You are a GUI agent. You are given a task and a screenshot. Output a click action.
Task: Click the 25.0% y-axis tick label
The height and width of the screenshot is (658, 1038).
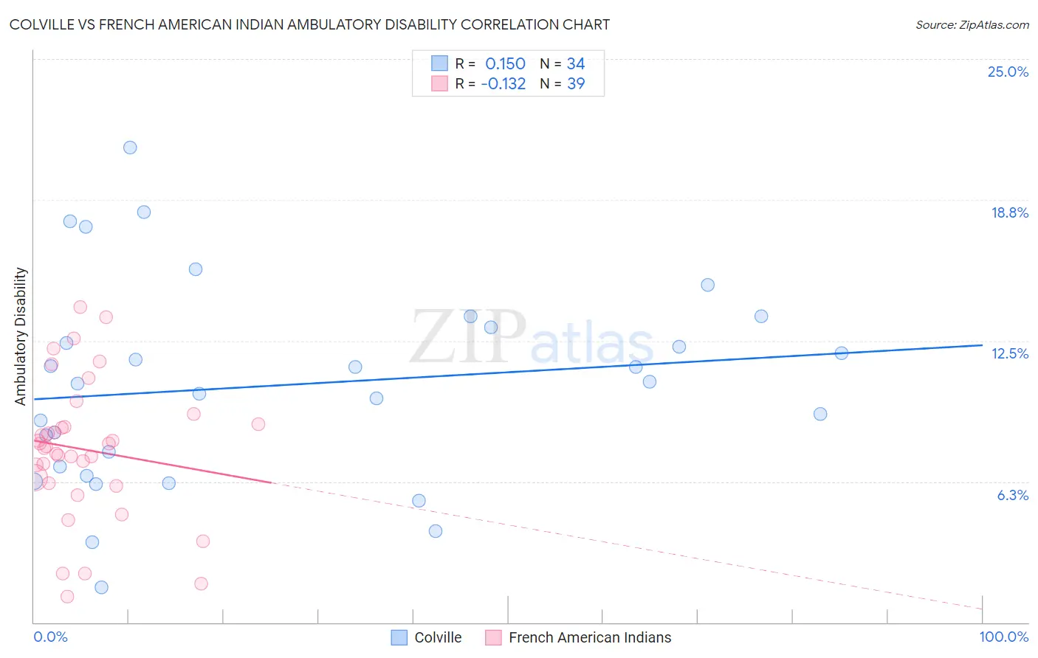tap(1008, 72)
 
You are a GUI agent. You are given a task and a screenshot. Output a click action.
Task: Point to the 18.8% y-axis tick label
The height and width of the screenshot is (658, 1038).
tap(1009, 212)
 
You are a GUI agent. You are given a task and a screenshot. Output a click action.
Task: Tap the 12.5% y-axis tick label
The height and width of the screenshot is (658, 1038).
tap(1009, 353)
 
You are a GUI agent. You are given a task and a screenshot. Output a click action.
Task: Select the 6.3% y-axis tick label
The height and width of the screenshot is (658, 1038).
tap(1012, 495)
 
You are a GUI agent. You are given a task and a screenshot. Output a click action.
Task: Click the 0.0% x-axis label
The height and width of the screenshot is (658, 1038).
tap(50, 637)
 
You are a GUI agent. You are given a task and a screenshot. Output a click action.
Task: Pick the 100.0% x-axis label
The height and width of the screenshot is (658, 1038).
tap(1003, 637)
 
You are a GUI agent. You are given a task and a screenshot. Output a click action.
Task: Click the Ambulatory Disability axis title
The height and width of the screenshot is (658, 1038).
tap(21, 336)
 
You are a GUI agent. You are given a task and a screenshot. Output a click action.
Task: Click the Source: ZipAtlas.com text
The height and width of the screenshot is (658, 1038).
tap(972, 24)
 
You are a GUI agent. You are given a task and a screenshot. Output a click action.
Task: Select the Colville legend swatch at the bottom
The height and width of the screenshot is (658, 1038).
tap(399, 637)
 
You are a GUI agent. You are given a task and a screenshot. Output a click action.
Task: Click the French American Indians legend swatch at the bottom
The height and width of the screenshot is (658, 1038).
tap(493, 637)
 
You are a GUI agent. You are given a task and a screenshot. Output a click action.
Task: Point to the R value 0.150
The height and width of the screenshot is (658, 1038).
tap(505, 64)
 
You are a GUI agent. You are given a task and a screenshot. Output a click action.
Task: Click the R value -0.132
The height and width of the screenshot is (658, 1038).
tap(503, 84)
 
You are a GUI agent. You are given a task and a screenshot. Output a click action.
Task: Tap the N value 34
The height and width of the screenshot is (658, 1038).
tap(576, 64)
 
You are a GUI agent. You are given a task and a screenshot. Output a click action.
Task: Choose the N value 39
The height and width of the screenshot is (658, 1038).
tap(576, 84)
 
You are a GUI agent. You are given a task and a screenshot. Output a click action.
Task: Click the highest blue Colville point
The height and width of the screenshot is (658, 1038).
tap(130, 148)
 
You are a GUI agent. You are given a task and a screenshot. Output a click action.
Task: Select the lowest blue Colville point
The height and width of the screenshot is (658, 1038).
tap(102, 587)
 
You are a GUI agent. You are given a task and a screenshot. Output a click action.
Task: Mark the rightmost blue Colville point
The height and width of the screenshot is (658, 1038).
tap(841, 353)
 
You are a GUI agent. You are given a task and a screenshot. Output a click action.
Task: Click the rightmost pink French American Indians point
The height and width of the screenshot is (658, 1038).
tap(258, 424)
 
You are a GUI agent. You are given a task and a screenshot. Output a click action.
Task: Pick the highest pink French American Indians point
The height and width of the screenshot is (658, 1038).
tap(80, 307)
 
